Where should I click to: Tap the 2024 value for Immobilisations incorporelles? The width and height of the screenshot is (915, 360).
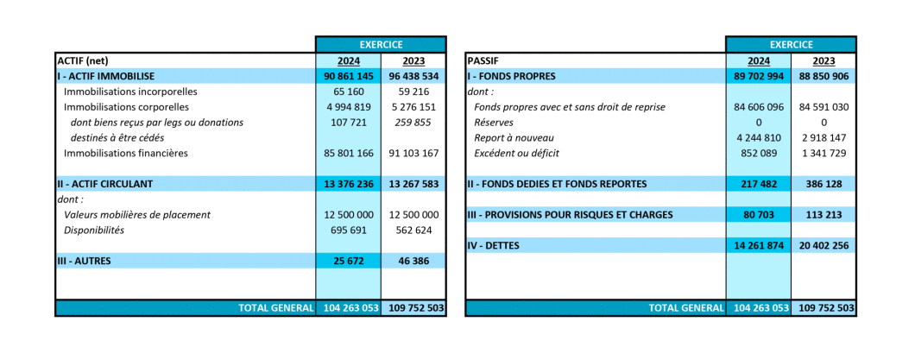click(349, 92)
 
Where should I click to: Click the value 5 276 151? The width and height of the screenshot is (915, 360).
click(413, 107)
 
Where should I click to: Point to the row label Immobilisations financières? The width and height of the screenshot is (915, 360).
click(127, 154)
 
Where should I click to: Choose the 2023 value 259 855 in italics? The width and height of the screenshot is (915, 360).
click(413, 123)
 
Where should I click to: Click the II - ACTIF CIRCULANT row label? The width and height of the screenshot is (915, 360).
click(105, 184)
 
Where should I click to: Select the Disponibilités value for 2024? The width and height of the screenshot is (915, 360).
click(349, 230)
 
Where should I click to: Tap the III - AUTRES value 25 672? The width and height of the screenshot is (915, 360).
click(349, 261)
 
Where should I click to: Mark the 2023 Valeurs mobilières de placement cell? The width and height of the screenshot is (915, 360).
click(413, 215)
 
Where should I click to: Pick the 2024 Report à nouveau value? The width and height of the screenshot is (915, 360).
click(759, 138)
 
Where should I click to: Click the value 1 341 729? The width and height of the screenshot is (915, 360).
click(824, 154)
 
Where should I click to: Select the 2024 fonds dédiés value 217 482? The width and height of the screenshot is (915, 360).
click(759, 184)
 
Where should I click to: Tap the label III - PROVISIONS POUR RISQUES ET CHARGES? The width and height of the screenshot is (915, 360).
click(570, 215)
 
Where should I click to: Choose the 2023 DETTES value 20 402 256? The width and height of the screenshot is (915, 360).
click(824, 246)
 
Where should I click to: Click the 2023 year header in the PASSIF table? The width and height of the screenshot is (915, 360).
click(824, 60)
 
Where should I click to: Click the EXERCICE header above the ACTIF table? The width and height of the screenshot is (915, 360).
click(381, 44)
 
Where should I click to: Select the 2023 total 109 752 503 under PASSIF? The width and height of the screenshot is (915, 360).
click(824, 308)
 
